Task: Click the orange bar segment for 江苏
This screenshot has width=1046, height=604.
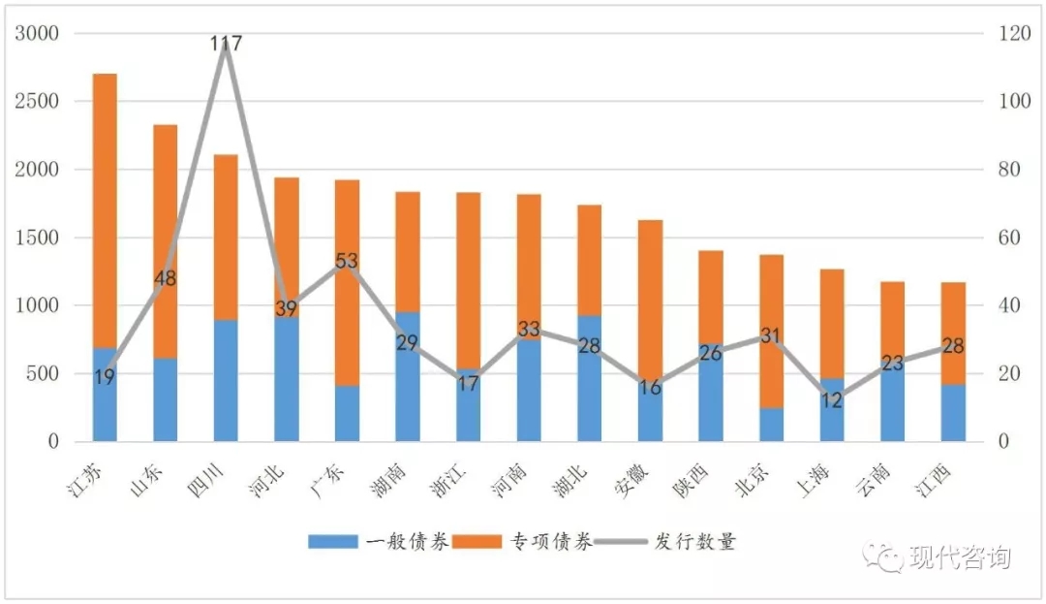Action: click(x=105, y=208)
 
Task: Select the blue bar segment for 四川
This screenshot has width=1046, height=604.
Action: click(x=226, y=380)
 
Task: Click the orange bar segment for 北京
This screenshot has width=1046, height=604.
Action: click(x=771, y=330)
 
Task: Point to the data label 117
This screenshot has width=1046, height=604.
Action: click(x=226, y=44)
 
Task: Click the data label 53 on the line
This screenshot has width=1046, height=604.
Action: click(x=347, y=261)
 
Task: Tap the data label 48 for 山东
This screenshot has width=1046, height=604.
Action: click(x=165, y=278)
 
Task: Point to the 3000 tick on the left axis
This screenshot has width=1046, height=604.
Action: click(x=38, y=34)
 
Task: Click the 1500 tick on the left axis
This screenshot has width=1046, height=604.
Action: click(x=38, y=238)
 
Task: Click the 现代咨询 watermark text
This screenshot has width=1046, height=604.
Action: click(x=959, y=557)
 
